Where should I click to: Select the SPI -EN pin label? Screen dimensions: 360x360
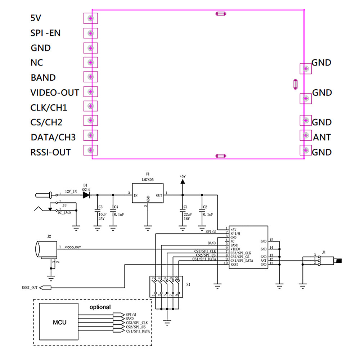[x=46, y=33]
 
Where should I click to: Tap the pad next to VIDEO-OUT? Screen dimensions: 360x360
[x=90, y=91]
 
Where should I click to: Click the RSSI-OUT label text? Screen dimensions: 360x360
[x=50, y=152]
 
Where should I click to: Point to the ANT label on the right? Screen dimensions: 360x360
[x=322, y=137]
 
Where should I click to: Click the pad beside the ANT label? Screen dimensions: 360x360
[x=306, y=135]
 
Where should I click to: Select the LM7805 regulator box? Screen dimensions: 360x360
[x=148, y=195]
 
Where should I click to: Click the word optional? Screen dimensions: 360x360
[x=100, y=307]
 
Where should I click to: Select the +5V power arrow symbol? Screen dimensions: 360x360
[x=182, y=183]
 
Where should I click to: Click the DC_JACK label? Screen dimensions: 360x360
[x=64, y=213]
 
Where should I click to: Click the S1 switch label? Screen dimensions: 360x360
[x=188, y=284]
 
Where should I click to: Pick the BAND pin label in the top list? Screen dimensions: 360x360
[x=43, y=78]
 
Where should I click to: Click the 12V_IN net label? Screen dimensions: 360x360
[x=71, y=192]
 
